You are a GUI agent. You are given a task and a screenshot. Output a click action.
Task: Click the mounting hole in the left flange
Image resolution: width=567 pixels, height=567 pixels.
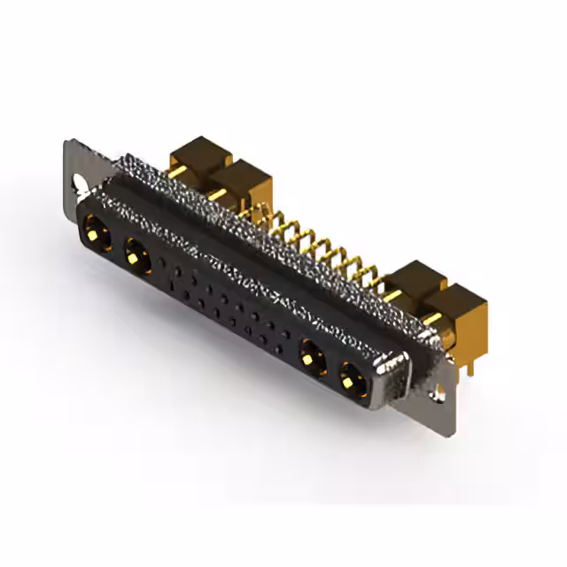point(81,185)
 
